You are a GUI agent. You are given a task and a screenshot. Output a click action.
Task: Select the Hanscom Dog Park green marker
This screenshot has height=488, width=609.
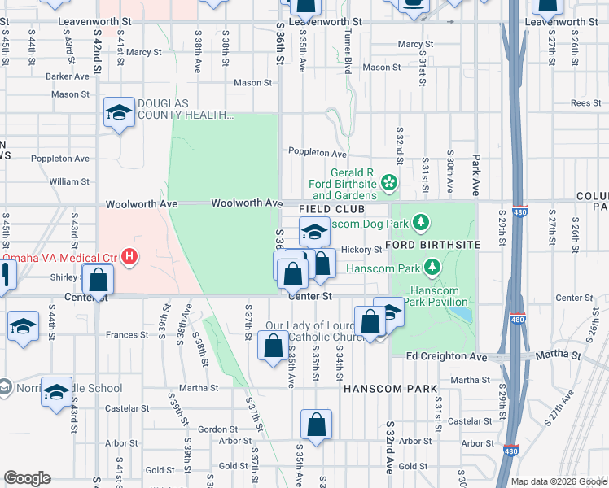[420, 221]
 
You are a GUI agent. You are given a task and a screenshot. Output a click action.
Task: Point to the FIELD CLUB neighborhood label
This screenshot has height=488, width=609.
[329, 210]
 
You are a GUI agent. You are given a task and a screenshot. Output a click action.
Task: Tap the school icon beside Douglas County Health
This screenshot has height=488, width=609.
[119, 112]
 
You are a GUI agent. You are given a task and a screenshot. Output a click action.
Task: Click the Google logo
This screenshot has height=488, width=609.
[28, 478]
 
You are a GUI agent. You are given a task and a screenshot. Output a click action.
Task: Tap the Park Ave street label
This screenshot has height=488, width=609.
[476, 176]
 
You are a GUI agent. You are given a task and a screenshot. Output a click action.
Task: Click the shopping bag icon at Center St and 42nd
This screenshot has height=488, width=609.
[99, 281]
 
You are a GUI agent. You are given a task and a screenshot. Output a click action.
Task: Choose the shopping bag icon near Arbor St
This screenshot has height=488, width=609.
[316, 425]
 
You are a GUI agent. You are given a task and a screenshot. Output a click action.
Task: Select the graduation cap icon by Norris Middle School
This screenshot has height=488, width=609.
[56, 394]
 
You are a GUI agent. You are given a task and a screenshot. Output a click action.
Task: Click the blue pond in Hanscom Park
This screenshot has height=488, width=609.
[462, 312]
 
